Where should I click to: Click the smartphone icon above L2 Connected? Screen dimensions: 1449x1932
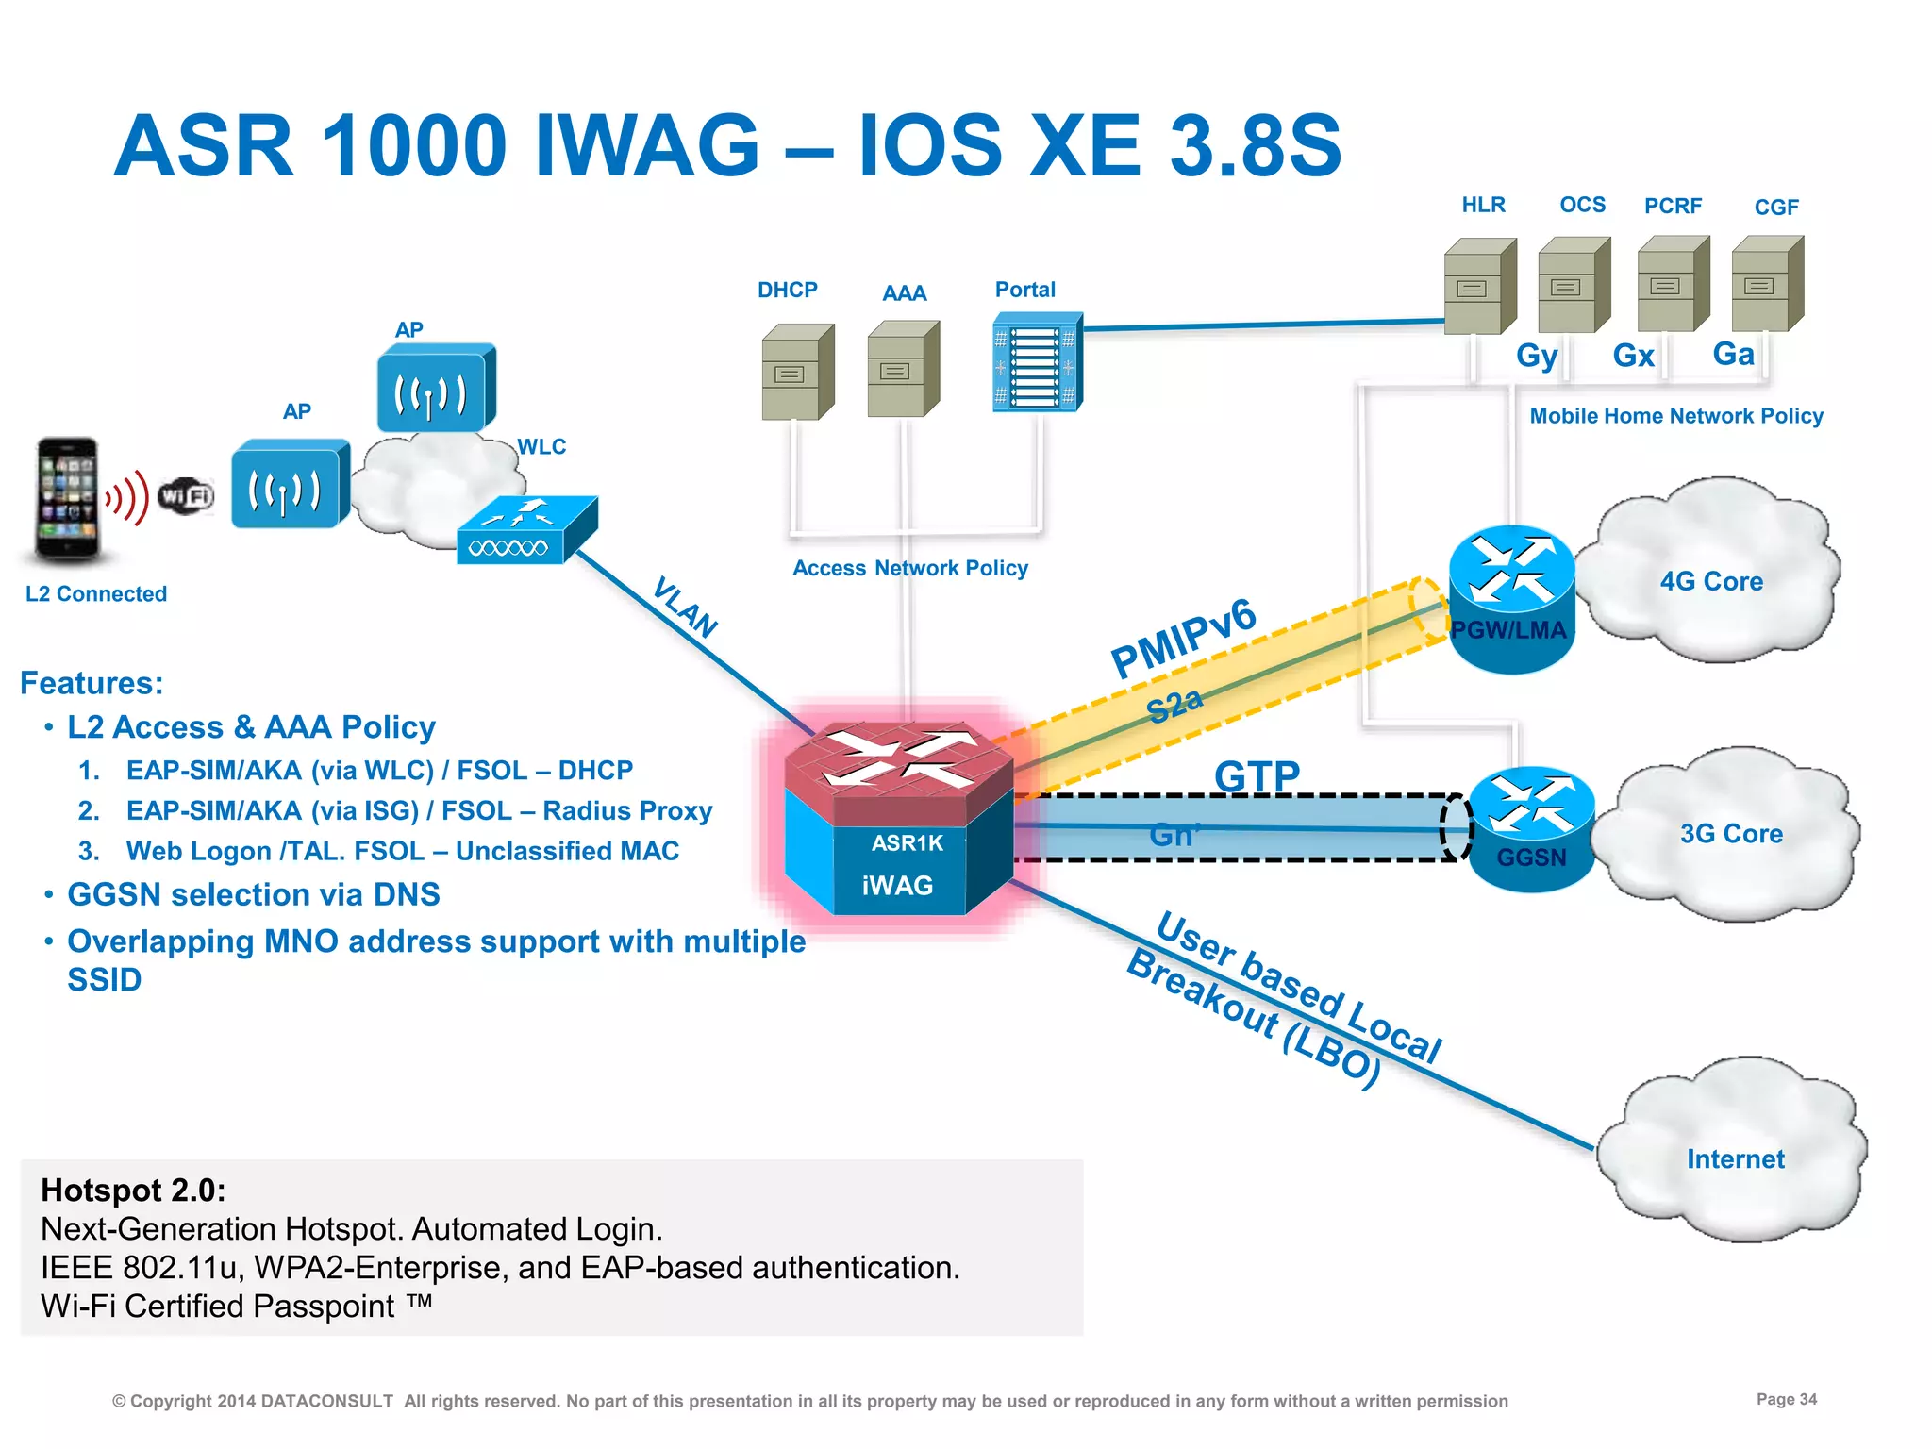[x=67, y=500]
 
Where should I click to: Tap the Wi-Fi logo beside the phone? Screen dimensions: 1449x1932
[x=186, y=495]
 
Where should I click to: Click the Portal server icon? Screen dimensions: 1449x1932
[x=1037, y=363]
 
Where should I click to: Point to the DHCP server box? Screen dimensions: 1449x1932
[x=797, y=372]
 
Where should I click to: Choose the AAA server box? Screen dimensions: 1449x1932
[x=903, y=369]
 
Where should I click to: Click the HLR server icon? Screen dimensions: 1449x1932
[x=1479, y=286]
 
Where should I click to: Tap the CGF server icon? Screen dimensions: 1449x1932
[x=1767, y=284]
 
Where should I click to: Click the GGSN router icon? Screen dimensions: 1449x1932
[x=1531, y=828]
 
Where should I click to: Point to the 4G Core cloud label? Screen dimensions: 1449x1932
[x=1711, y=581]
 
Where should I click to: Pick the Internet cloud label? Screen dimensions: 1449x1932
[x=1735, y=1158]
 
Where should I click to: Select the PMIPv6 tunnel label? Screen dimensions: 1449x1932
[x=1183, y=638]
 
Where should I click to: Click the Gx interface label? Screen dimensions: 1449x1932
[x=1633, y=356]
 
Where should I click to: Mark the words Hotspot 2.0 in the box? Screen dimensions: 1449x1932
[x=133, y=1191]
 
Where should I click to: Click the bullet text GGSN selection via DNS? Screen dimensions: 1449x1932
[x=253, y=894]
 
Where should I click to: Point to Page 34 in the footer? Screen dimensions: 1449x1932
[x=1786, y=1399]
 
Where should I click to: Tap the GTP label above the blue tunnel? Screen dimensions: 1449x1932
[x=1257, y=775]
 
